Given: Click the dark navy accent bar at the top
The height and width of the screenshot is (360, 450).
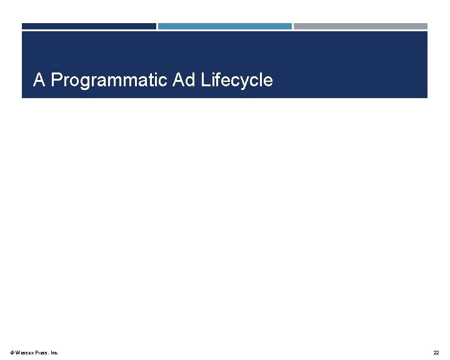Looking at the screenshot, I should (x=89, y=26).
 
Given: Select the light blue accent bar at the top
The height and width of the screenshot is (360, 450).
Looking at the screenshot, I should (x=224, y=26).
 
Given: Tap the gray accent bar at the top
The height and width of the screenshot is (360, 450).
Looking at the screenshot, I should (x=361, y=26).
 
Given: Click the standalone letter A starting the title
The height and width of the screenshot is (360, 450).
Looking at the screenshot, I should (x=39, y=80).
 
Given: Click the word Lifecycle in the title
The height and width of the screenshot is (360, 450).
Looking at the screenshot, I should (x=237, y=81).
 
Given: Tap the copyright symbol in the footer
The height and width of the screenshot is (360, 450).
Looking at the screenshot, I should (x=12, y=353).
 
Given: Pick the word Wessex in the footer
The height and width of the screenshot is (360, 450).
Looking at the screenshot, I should (x=24, y=353).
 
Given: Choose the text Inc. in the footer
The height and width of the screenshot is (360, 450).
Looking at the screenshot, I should (x=54, y=353).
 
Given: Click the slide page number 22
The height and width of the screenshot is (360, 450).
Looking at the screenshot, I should (x=436, y=353).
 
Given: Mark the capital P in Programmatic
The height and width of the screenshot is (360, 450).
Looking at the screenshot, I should (x=56, y=80).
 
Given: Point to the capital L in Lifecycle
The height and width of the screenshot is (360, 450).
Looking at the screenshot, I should (x=205, y=80).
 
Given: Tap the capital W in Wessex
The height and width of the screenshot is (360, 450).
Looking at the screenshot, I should (x=18, y=353).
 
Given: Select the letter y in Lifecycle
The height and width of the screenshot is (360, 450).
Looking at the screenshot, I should (x=244, y=82).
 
